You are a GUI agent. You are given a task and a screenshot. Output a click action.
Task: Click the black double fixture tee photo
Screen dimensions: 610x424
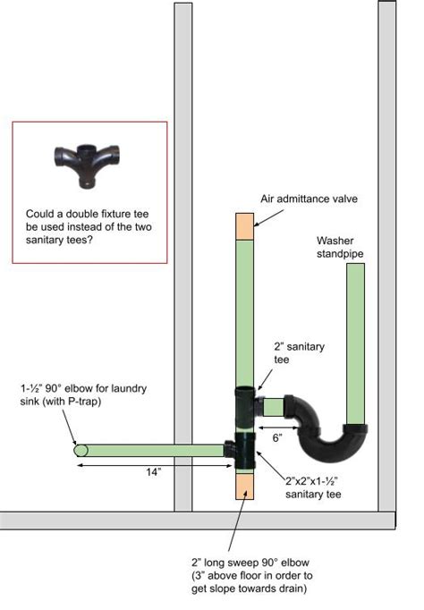pyautogui.click(x=90, y=162)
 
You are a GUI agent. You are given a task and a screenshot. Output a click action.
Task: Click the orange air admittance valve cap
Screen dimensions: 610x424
pyautogui.click(x=245, y=225)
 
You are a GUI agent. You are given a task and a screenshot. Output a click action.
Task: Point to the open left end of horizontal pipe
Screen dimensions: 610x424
pyautogui.click(x=79, y=450)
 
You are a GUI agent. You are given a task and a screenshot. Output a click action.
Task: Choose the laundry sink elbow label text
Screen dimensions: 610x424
pyautogui.click(x=85, y=394)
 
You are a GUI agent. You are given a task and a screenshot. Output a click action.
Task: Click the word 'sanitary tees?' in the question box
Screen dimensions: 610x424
pyautogui.click(x=60, y=239)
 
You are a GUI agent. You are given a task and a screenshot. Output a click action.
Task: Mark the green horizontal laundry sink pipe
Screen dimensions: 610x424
pyautogui.click(x=152, y=450)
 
